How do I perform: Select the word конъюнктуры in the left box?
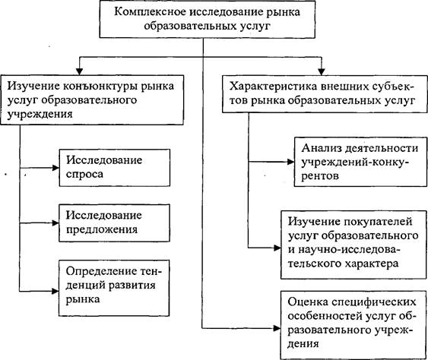pos(100,86)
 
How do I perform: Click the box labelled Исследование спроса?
pos(115,168)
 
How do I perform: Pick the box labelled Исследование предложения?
pos(114,223)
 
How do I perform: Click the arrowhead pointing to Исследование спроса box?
pos(55,168)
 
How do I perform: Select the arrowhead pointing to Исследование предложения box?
pos(55,223)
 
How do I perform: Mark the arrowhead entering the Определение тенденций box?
pos(55,292)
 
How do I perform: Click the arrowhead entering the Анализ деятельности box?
pos(290,162)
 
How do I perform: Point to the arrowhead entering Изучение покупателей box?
pos(277,248)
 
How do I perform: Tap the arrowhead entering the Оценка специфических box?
pos(277,328)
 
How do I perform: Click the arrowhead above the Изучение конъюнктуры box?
pos(79,71)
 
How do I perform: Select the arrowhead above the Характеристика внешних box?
pos(322,71)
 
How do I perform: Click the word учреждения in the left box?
pos(40,114)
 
